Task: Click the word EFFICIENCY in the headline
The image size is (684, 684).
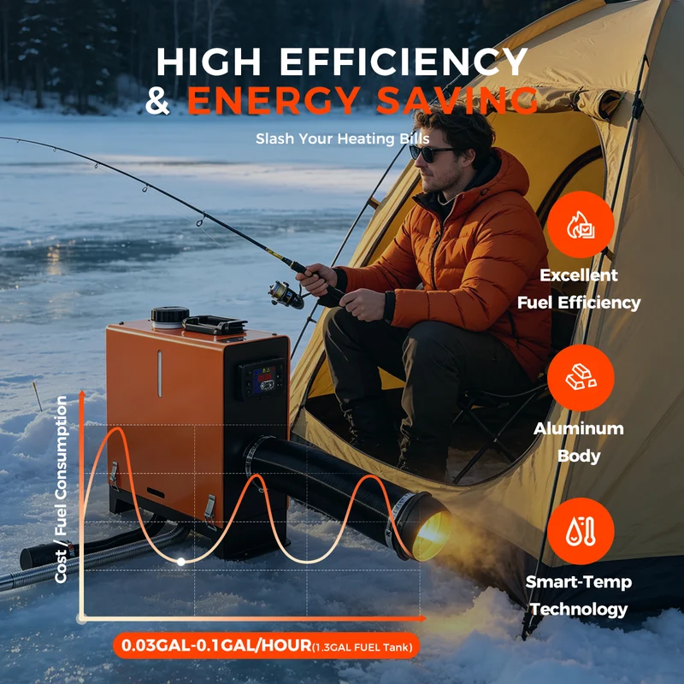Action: click(x=404, y=62)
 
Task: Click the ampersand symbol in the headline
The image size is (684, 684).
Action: click(x=157, y=100)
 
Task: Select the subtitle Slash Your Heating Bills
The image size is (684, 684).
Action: click(x=343, y=139)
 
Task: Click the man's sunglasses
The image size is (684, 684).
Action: click(x=430, y=153)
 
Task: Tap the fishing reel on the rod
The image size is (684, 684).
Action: click(x=286, y=294)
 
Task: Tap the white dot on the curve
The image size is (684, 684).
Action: click(x=181, y=562)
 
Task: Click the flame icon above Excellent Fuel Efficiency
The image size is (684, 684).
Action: click(x=581, y=225)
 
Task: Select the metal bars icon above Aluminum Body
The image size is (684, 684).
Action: click(x=581, y=378)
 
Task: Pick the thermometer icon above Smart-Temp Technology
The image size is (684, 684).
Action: click(x=581, y=531)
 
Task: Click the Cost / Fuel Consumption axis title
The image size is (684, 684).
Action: click(x=61, y=489)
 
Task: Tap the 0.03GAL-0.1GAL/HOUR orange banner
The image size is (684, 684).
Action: click(x=266, y=646)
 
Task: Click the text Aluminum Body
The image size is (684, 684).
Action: click(x=579, y=442)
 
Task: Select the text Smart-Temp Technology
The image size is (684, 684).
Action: click(x=579, y=595)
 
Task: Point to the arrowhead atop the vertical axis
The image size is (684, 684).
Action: click(x=81, y=394)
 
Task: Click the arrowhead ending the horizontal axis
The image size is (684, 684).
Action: click(x=422, y=618)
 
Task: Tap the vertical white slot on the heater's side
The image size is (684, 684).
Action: click(x=160, y=374)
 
